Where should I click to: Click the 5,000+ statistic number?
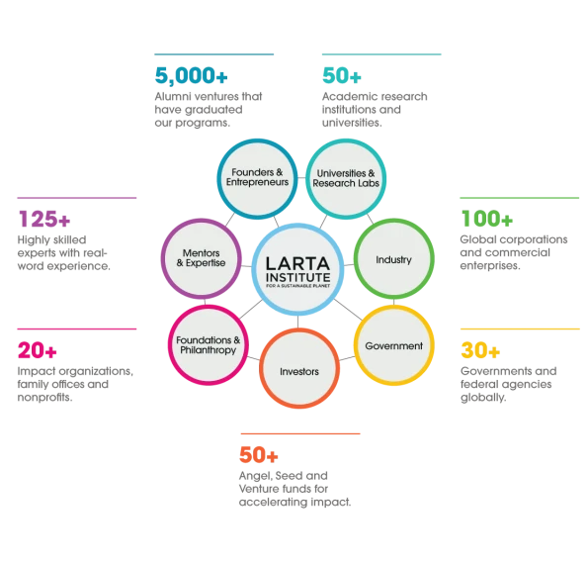(x=192, y=75)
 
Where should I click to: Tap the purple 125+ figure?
(x=44, y=219)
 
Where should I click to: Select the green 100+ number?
(x=487, y=219)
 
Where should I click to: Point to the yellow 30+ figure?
(x=480, y=350)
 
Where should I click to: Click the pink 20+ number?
(x=38, y=350)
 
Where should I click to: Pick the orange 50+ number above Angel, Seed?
(x=259, y=455)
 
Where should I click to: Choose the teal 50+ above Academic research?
(x=342, y=75)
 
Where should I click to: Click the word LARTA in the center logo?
(x=297, y=263)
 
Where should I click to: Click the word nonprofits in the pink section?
(x=45, y=398)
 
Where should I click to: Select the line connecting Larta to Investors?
(x=298, y=322)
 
